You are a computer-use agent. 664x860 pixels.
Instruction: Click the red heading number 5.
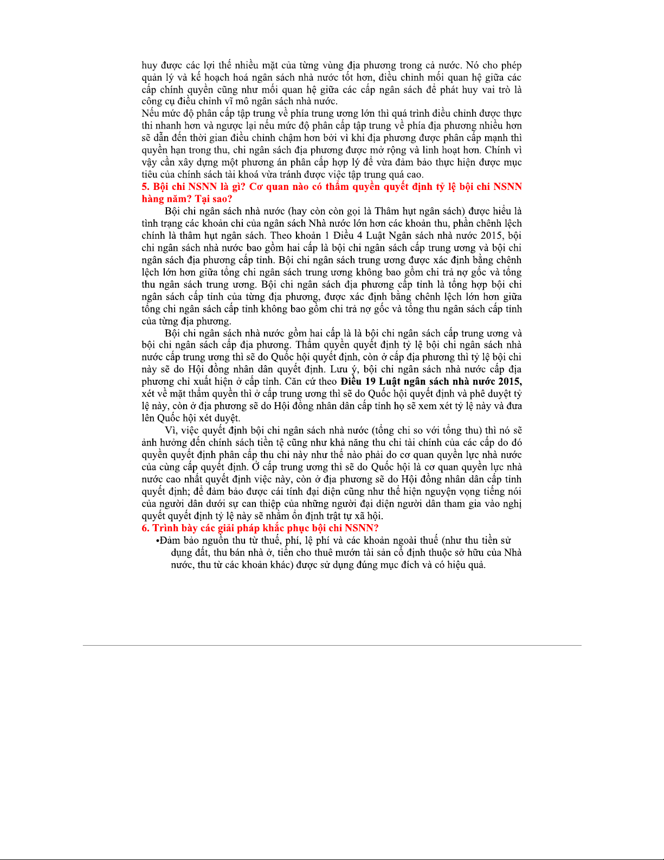click(145, 187)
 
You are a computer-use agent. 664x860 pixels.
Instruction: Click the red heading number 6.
click(145, 528)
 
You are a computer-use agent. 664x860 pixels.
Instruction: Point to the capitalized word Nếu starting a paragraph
click(150, 113)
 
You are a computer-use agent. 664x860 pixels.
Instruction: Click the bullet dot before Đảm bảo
click(157, 541)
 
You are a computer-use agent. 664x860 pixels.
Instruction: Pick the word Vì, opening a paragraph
click(172, 430)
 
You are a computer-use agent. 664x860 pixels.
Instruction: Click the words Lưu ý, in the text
click(345, 370)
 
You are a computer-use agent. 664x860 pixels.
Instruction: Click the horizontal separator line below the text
click(332, 645)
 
